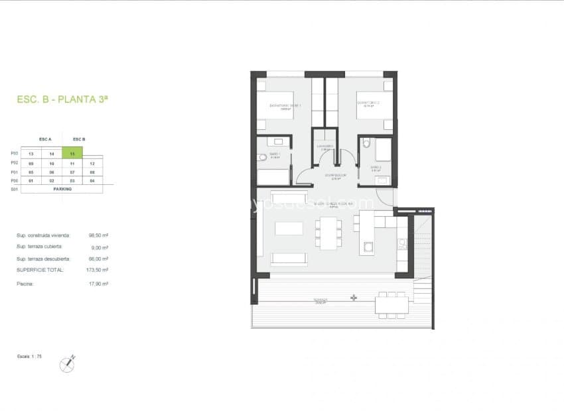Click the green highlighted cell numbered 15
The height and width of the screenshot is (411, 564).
(72, 153)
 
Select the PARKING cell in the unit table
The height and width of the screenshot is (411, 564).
(62, 189)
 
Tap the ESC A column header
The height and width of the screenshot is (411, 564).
(45, 139)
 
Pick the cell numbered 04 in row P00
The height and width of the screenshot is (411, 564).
(93, 180)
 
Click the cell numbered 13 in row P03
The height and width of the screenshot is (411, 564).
(31, 154)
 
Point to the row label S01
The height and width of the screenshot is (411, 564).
(15, 189)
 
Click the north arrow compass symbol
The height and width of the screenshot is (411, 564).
(67, 363)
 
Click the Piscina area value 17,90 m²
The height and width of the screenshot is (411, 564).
(98, 284)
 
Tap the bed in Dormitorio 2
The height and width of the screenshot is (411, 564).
(373, 105)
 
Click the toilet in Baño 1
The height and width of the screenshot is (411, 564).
(263, 158)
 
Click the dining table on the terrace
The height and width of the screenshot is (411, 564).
(391, 305)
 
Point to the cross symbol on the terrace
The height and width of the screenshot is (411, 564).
(354, 298)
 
